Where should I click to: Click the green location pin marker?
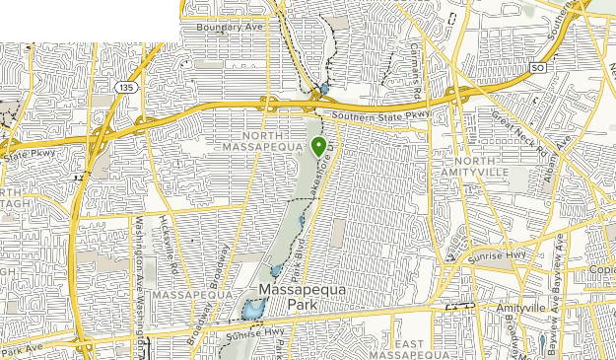[319, 147]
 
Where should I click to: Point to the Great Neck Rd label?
[513, 123]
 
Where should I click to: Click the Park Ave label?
[25, 349]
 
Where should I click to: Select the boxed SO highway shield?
[537, 68]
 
